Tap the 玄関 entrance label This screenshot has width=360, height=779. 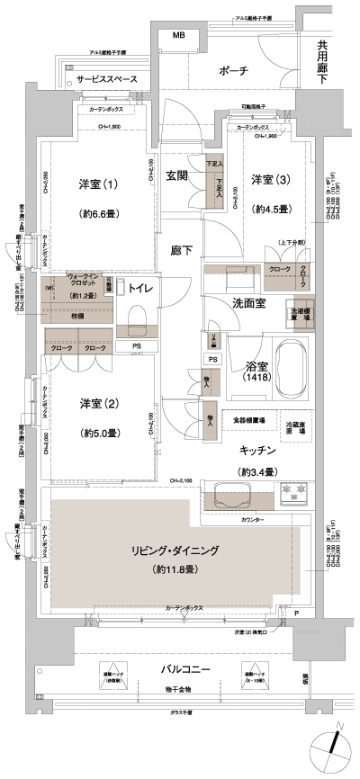click(x=177, y=176)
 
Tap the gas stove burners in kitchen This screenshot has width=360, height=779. click(x=293, y=493)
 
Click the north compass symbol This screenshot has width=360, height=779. click(x=332, y=748)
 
